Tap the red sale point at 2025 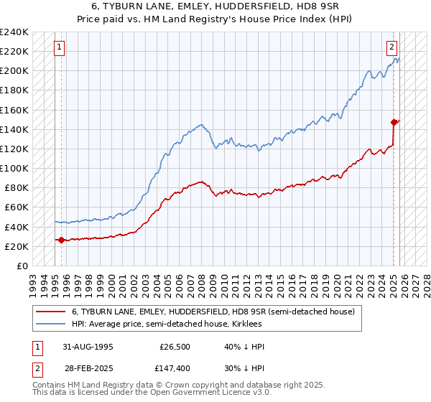[x=394, y=122]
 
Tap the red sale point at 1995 [x=61, y=240]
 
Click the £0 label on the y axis [x=22, y=266]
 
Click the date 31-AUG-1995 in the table [x=88, y=347]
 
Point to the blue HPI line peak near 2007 [x=200, y=124]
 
